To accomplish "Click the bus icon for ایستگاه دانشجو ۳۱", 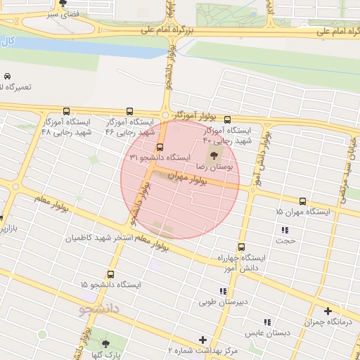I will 160,148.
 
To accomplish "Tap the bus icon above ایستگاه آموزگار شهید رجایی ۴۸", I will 66,111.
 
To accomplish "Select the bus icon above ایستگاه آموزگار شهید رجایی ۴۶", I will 129,111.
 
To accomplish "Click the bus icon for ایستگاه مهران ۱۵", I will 302,201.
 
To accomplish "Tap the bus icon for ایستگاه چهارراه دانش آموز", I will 241,247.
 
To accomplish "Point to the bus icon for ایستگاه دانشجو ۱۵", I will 110,274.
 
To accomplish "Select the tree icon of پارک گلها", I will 105,344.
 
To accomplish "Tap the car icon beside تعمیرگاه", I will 7,76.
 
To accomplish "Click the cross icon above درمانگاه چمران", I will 328,311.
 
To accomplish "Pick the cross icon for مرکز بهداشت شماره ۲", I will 203,340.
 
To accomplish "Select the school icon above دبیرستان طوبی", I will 223,291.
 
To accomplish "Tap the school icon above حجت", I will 285,230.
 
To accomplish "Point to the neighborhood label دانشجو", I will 101,308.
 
